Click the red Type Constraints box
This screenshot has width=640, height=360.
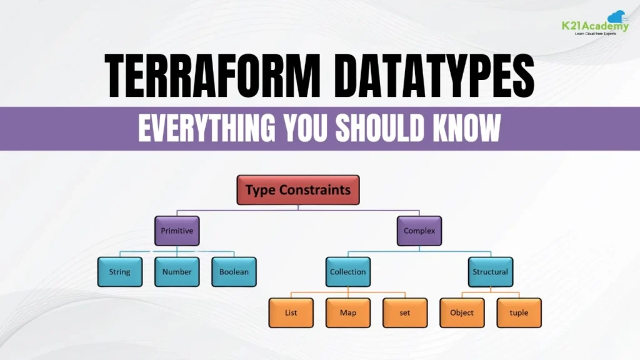[297, 190]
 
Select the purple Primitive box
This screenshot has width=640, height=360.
[177, 231]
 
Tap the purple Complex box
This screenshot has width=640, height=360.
[419, 231]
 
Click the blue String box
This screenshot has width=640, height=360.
[119, 272]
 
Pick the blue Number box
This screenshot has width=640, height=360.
[177, 272]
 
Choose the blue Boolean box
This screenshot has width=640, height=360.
[234, 272]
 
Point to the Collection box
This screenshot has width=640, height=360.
[347, 272]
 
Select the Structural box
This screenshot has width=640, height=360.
[490, 272]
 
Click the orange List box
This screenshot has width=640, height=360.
[291, 312]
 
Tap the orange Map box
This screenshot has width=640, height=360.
[347, 312]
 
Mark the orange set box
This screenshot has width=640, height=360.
[404, 312]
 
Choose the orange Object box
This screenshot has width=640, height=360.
[462, 312]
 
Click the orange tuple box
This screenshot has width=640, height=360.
[519, 312]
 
